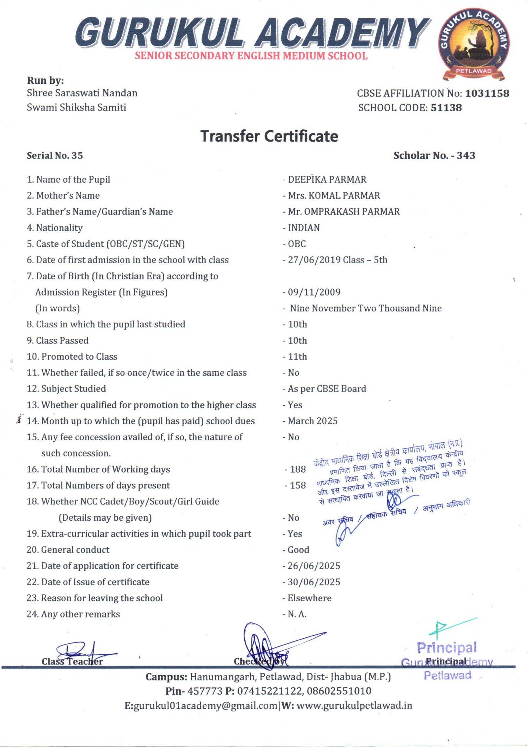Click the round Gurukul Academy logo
click(473, 44)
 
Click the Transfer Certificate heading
click(269, 136)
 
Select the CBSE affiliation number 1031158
click(487, 93)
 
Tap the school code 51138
click(446, 108)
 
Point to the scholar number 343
click(466, 156)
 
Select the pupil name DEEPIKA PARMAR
click(327, 180)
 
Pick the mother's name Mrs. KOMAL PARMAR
click(334, 196)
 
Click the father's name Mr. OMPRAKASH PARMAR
click(344, 212)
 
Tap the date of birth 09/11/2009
click(314, 292)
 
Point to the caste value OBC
click(297, 244)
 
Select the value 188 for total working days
click(298, 469)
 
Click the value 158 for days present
click(298, 486)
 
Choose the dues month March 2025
click(312, 421)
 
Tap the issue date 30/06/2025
click(314, 582)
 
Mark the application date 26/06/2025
click(314, 566)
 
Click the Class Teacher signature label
click(72, 662)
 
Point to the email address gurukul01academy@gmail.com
click(206, 706)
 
